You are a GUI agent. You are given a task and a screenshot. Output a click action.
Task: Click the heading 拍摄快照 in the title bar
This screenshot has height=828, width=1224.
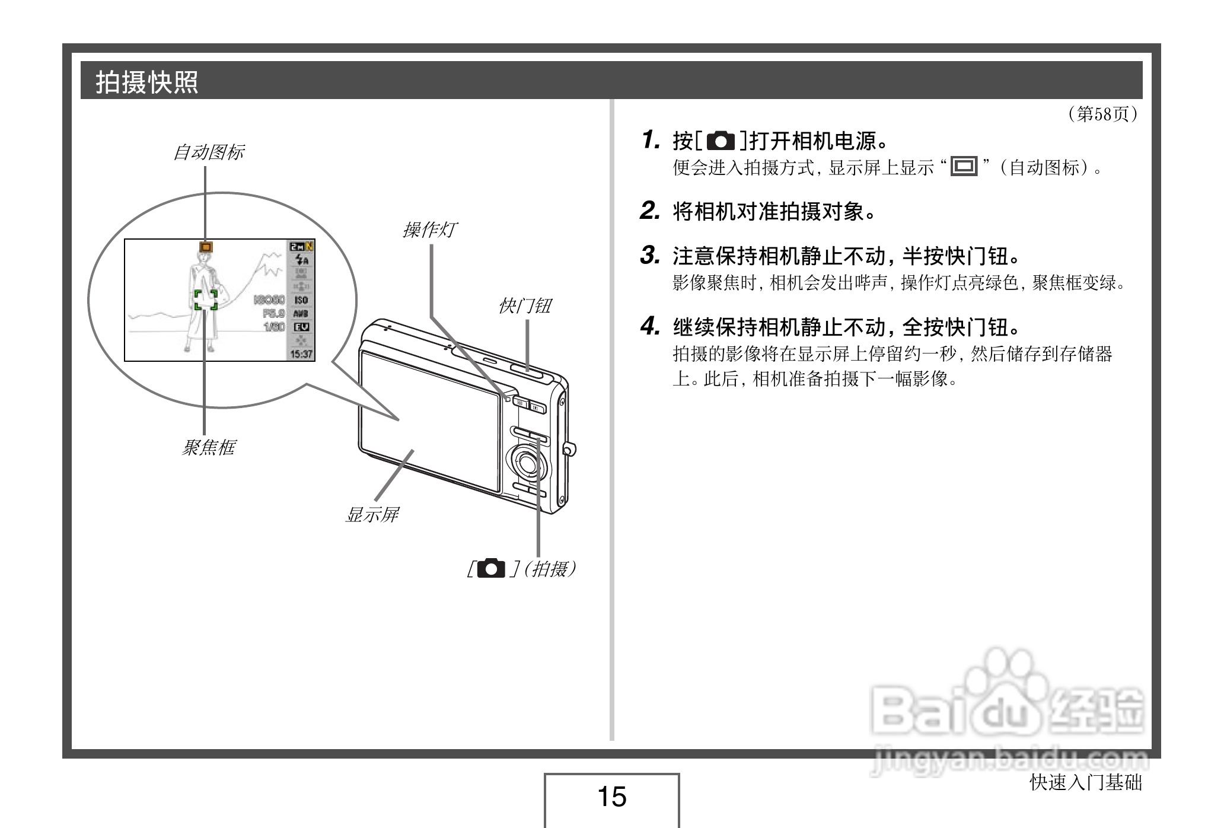(147, 82)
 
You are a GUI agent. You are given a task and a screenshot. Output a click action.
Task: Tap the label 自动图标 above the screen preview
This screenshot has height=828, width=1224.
(208, 152)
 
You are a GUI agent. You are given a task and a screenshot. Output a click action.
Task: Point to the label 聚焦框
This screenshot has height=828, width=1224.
(208, 447)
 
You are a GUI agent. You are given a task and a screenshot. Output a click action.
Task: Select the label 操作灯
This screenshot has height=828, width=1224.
(429, 230)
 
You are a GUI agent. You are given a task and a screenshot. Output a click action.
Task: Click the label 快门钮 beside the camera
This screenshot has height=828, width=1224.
(525, 306)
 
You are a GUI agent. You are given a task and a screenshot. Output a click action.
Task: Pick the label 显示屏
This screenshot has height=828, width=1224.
(372, 515)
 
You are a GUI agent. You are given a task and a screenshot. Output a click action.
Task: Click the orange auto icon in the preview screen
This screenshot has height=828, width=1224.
(206, 247)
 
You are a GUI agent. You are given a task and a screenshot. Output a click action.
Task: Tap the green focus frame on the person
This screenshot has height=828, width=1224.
(206, 300)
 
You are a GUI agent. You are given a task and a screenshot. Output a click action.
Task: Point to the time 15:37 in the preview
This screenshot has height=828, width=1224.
(301, 354)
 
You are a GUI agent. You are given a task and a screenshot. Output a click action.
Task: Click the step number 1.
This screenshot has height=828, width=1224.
(651, 141)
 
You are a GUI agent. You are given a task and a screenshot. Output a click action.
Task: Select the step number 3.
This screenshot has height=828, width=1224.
(650, 256)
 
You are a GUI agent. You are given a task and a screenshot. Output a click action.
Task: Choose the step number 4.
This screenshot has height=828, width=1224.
(650, 326)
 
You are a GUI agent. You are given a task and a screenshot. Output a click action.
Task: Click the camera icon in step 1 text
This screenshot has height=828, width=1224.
(721, 141)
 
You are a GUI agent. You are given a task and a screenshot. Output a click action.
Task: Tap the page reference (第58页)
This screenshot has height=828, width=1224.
(1102, 114)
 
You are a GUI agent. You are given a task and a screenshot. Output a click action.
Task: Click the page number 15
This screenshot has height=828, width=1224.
(611, 797)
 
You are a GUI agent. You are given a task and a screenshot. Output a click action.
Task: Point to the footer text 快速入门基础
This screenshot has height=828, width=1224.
(1085, 783)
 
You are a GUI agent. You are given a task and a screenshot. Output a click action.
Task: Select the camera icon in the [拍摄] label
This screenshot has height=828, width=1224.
(492, 569)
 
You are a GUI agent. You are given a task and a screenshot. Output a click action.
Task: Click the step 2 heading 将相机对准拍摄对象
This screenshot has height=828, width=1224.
(774, 211)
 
